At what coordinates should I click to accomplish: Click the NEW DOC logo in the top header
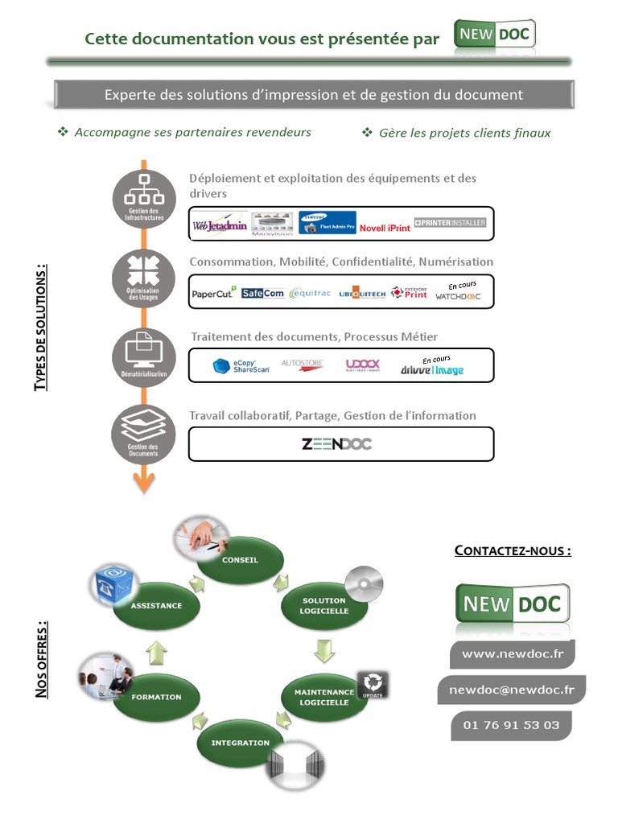click(494, 36)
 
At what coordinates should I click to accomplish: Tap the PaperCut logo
click(213, 293)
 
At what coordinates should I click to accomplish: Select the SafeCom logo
click(262, 293)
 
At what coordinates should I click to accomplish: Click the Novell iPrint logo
click(385, 228)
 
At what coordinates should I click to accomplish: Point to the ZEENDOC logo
click(336, 443)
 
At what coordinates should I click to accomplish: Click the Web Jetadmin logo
click(220, 225)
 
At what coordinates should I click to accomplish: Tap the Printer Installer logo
click(450, 222)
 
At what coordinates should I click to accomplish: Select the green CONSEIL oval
click(240, 560)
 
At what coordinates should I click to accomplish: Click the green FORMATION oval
click(156, 697)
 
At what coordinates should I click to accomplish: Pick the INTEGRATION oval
click(240, 743)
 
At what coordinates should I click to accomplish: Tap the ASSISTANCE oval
click(156, 605)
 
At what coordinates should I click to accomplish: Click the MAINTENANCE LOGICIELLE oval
click(323, 697)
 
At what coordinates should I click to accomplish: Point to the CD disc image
click(364, 584)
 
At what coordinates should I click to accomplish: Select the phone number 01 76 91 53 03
click(511, 725)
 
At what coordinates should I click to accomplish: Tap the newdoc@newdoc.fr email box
click(511, 690)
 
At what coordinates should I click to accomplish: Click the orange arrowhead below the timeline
click(144, 482)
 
